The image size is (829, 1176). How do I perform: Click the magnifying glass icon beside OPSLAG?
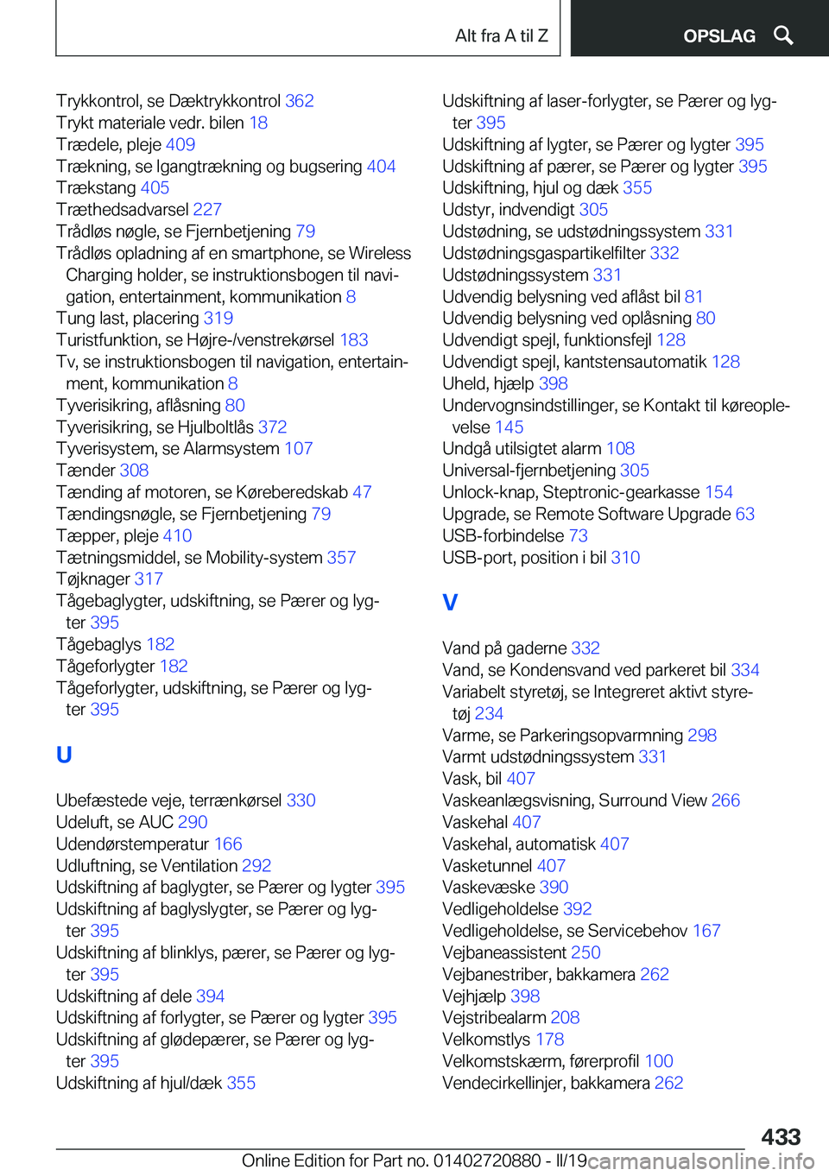[x=783, y=35]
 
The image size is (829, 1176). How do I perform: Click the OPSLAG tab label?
[x=718, y=35]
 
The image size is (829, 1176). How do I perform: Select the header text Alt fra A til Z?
[x=501, y=35]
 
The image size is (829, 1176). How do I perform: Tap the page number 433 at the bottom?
[x=781, y=1136]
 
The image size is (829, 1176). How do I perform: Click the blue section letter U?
[x=64, y=755]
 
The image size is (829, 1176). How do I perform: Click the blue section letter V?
[x=450, y=602]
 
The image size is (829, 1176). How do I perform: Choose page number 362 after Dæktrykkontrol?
[x=300, y=101]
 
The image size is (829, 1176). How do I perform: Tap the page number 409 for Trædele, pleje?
[x=180, y=144]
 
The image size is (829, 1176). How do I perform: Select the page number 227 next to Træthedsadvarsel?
[x=207, y=210]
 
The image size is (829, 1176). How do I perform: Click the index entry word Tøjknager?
[x=93, y=579]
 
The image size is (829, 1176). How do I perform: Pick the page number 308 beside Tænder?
[x=134, y=471]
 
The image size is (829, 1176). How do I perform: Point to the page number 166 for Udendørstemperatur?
[x=228, y=844]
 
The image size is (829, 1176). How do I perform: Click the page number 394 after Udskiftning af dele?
[x=210, y=996]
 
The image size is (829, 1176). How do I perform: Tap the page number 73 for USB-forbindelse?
[x=578, y=535]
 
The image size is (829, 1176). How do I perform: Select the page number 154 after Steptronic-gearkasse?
[x=718, y=492]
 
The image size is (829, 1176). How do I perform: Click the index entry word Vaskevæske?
[x=488, y=887]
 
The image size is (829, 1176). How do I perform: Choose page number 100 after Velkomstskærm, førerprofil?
[x=659, y=1061]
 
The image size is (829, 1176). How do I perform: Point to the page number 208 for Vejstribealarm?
[x=565, y=1017]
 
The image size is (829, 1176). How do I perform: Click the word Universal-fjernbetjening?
[x=528, y=471]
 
